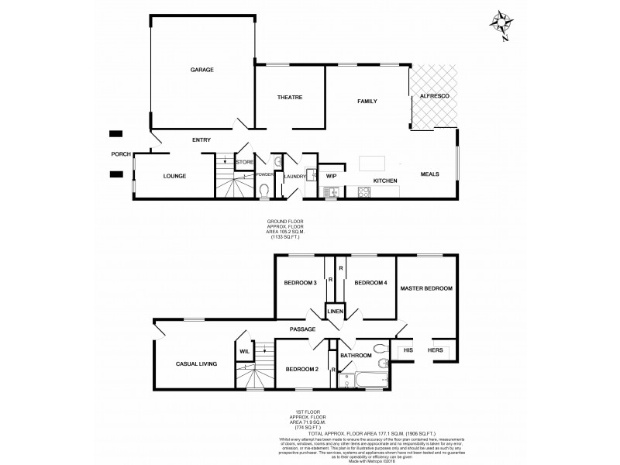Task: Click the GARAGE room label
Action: click(202, 70)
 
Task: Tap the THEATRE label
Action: click(289, 97)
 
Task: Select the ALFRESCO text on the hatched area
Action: click(435, 95)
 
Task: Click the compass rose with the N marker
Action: click(501, 22)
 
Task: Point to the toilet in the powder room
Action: click(264, 191)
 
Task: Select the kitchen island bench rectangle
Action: click(374, 164)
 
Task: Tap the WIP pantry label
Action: click(331, 176)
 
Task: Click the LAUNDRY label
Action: click(295, 176)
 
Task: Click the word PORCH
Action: click(120, 153)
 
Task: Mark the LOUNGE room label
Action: click(174, 176)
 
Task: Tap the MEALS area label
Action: click(430, 174)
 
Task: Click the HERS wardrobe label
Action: click(435, 350)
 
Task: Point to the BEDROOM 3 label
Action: click(301, 283)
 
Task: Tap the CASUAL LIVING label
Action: click(195, 363)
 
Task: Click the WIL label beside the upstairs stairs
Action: click(243, 351)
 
